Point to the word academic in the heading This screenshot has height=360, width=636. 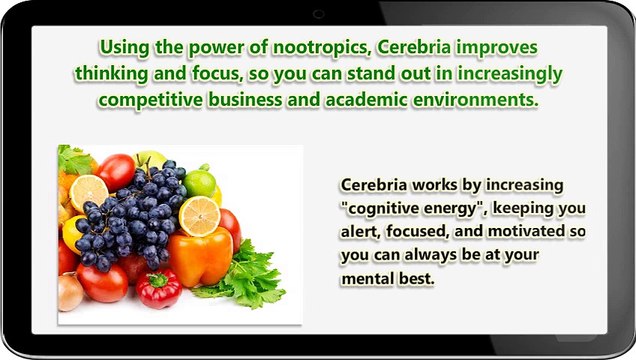click(x=369, y=101)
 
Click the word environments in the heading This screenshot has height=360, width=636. click(x=477, y=101)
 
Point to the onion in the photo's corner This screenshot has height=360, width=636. click(x=70, y=292)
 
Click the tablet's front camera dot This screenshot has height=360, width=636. click(x=318, y=12)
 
